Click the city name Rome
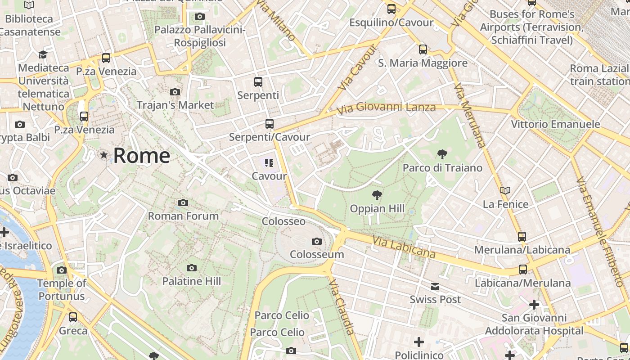click(x=141, y=156)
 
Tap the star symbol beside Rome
click(x=104, y=155)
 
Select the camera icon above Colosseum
click(x=317, y=242)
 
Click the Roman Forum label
click(x=183, y=216)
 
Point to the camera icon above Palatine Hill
click(x=192, y=268)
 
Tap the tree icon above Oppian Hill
click(x=377, y=195)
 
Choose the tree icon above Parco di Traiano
click(x=442, y=154)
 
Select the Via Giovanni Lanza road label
click(x=386, y=108)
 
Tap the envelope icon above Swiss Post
click(x=435, y=287)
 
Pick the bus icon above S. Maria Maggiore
click(x=423, y=49)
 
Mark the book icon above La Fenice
click(x=505, y=191)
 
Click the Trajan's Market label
click(x=175, y=105)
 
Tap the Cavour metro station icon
click(x=269, y=163)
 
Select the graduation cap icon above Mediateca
click(x=43, y=55)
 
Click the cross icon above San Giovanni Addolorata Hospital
click(x=534, y=305)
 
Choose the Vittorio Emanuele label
click(x=555, y=124)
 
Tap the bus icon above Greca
click(x=73, y=317)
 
